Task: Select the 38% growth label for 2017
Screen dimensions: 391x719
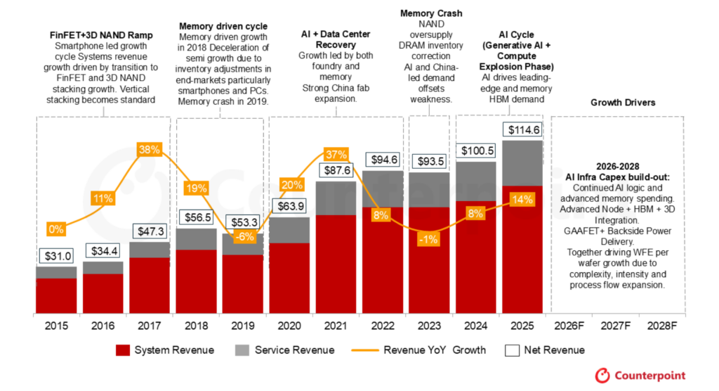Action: click(x=149, y=149)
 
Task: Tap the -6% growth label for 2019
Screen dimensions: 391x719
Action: click(x=244, y=237)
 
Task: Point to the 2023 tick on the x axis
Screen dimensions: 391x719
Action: click(x=429, y=326)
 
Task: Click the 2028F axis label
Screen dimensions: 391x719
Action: click(x=662, y=326)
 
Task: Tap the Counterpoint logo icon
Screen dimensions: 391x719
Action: click(x=602, y=375)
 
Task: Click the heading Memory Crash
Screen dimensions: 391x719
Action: click(x=430, y=13)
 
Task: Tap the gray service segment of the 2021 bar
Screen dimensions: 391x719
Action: click(x=336, y=198)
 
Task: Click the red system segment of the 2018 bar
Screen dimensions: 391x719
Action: click(x=196, y=281)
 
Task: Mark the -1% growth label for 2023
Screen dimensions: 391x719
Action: click(x=429, y=239)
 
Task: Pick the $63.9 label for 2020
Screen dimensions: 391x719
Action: click(x=289, y=207)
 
